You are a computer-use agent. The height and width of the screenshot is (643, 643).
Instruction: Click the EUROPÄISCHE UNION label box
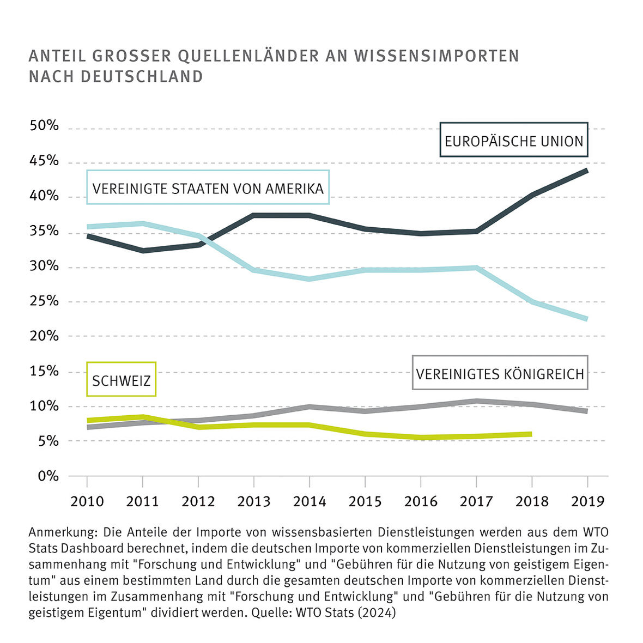(x=514, y=141)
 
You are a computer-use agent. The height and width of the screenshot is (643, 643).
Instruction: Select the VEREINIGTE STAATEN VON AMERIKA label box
(x=208, y=189)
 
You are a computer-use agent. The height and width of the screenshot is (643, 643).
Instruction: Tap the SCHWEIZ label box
(x=121, y=380)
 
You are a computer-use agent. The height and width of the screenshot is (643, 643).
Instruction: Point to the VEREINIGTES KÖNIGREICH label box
(x=500, y=374)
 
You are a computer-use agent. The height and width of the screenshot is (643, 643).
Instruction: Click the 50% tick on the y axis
(x=44, y=126)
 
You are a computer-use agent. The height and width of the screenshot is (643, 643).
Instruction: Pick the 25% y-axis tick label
(x=44, y=301)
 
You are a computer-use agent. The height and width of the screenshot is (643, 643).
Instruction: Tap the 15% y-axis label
(x=44, y=371)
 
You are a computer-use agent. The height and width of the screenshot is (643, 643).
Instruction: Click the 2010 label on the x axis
(x=87, y=501)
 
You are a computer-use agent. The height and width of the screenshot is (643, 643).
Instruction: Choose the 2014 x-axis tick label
(x=309, y=501)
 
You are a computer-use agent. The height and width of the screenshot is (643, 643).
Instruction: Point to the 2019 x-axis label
(x=587, y=501)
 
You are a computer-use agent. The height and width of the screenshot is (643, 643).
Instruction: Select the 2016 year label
(x=421, y=501)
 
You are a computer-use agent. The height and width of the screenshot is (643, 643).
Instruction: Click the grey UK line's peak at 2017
(x=476, y=401)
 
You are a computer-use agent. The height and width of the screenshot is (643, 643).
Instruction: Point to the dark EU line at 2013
(x=254, y=215)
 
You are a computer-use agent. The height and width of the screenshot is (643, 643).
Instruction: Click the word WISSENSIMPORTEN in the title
(x=436, y=56)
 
